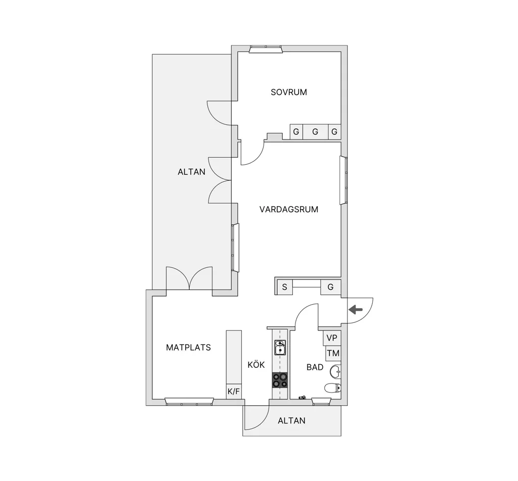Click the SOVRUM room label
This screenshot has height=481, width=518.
point(289,92)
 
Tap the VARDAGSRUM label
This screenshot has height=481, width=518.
point(289,210)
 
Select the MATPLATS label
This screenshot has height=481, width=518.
point(188,348)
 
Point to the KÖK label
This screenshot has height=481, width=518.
point(256,365)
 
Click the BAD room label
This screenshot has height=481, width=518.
point(315,367)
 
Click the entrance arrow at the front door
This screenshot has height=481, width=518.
point(356,309)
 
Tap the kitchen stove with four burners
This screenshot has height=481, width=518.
point(279,380)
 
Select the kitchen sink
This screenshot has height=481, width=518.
point(280,348)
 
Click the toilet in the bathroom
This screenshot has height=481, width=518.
point(332,388)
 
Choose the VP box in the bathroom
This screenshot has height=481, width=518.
point(332,338)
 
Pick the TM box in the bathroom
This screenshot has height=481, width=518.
point(333,353)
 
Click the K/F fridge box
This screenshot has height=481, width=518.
point(234,392)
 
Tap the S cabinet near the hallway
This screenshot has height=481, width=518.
point(284,287)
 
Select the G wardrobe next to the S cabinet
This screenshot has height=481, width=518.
point(330,287)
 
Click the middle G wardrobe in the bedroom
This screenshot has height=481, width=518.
point(315,132)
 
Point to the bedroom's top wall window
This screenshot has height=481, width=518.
point(266,49)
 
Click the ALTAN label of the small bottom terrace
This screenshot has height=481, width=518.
point(291,421)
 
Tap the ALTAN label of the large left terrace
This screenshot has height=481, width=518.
point(191,172)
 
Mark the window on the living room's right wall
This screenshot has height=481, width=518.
point(343,180)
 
